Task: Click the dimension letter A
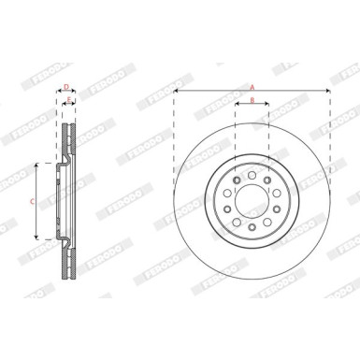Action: point(252,86)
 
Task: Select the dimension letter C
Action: point(31,200)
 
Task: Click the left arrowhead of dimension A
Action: point(176,93)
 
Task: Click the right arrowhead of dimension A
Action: point(328,93)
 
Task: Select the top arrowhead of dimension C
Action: point(36,164)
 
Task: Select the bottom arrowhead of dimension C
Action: point(36,238)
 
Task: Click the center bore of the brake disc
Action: point(252,200)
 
